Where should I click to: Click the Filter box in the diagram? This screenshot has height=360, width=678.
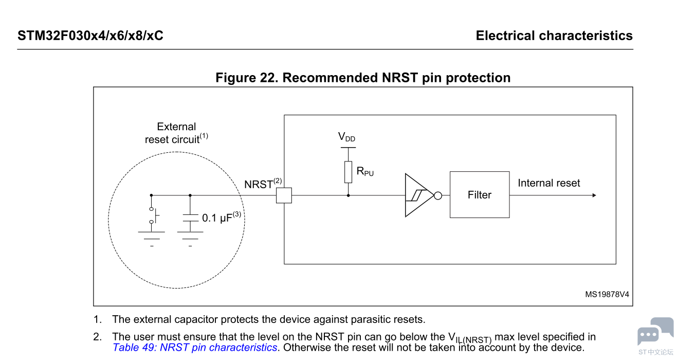480,195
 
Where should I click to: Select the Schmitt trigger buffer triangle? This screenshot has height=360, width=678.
417,195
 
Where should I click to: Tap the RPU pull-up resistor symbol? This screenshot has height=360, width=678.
349,172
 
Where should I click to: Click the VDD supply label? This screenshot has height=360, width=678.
346,137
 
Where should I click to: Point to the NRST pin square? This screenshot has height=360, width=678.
284,195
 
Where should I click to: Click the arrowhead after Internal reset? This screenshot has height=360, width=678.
594,195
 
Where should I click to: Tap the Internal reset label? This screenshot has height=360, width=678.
548,183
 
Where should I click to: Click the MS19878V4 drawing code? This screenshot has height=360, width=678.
607,295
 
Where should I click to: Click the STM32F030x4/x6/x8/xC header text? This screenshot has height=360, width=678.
90,35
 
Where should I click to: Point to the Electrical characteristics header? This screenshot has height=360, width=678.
554,35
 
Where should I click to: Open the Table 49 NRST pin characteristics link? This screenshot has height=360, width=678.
195,348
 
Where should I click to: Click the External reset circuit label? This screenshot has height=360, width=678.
176,133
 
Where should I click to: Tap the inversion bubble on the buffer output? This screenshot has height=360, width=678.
438,195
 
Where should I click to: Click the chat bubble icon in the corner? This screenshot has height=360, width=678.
655,332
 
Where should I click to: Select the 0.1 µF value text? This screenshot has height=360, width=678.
221,218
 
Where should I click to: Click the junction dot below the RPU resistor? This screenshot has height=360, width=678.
349,195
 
